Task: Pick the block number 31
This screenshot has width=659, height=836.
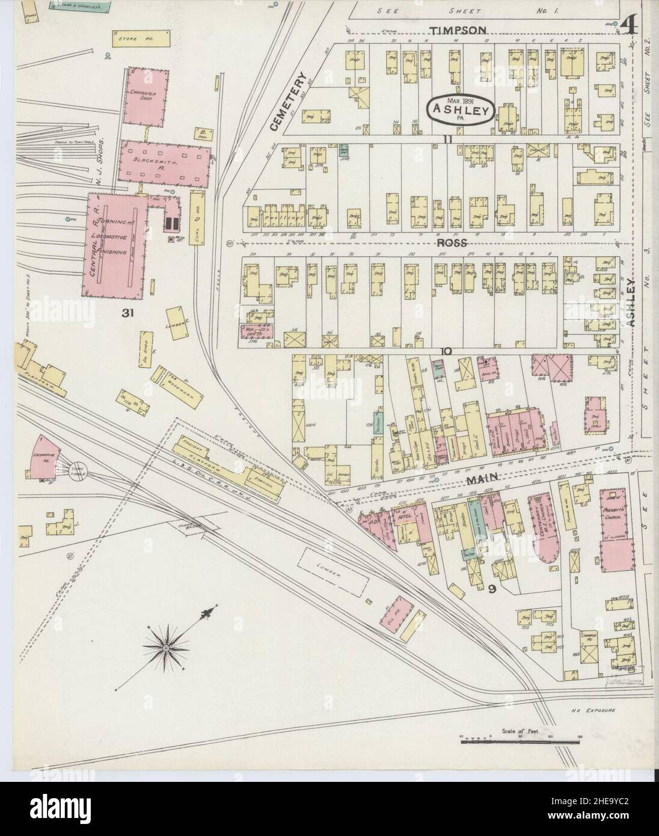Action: point(126,313)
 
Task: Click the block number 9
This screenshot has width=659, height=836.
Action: point(492,589)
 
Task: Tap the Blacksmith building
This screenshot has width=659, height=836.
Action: point(164,161)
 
